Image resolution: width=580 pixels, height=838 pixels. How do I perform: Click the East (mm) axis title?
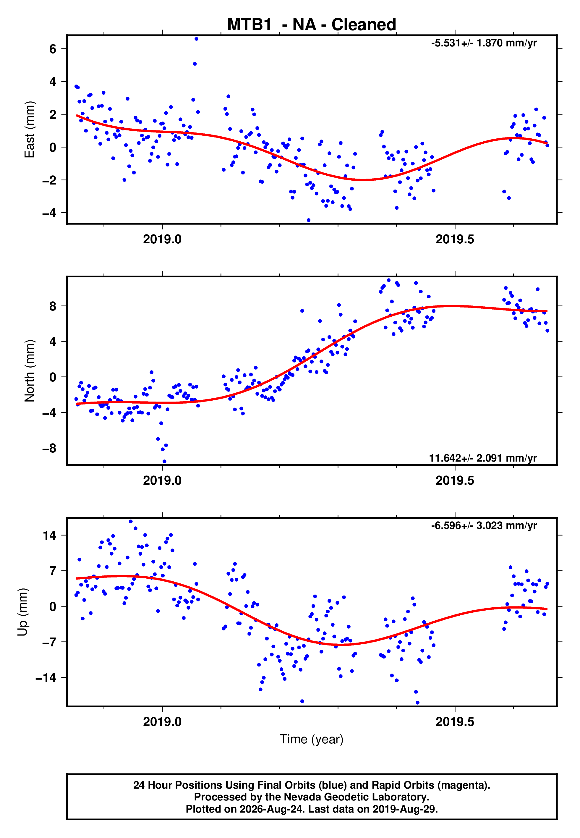pos(30,130)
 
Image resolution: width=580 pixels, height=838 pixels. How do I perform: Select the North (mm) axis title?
pos(30,371)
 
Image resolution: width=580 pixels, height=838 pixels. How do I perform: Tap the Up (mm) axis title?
pos(22,612)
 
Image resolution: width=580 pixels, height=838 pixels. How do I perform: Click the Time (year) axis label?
pos(312,739)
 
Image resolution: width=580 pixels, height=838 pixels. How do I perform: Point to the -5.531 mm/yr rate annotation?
pos(484,43)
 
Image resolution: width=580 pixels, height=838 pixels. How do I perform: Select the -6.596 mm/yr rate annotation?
pos(484,525)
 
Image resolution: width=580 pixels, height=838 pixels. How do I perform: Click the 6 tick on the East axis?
pos(53,49)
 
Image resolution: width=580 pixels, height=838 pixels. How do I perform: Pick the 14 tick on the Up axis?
pos(49,535)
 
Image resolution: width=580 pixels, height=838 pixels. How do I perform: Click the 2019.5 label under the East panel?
pos(455,240)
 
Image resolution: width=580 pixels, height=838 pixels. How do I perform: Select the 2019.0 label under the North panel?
pos(162,481)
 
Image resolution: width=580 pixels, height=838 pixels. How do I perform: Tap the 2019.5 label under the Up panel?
pos(455,722)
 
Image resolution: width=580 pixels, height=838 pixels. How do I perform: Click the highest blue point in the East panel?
pos(196,39)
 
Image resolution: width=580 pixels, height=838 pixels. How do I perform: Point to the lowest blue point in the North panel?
pos(164,462)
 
